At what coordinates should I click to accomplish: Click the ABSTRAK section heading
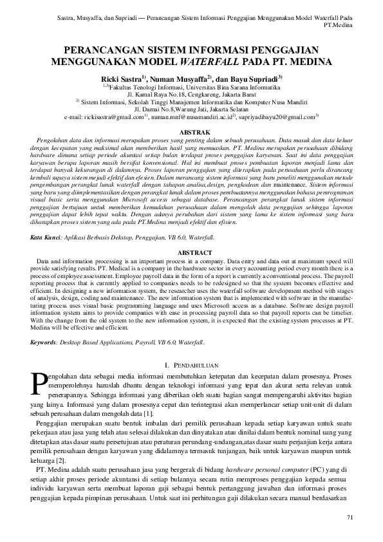click(191, 131)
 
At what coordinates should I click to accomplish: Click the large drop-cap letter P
click(39, 384)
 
